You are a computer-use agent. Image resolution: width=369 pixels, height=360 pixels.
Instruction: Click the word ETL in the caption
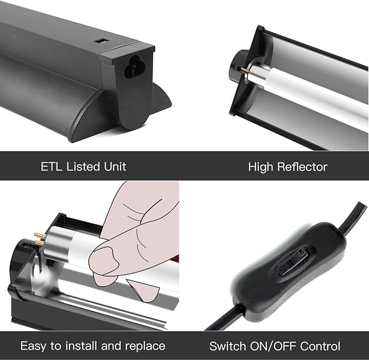(52, 167)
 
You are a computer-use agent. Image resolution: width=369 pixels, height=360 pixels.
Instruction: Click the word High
(261, 167)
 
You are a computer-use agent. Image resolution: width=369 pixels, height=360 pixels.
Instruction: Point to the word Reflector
(302, 167)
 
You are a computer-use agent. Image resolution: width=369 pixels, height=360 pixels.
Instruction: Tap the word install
(81, 346)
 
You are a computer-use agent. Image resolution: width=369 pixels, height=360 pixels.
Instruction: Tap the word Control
(320, 346)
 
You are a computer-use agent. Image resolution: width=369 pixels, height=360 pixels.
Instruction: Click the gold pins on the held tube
(40, 239)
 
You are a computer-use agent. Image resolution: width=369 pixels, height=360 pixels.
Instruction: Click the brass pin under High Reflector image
(243, 69)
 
